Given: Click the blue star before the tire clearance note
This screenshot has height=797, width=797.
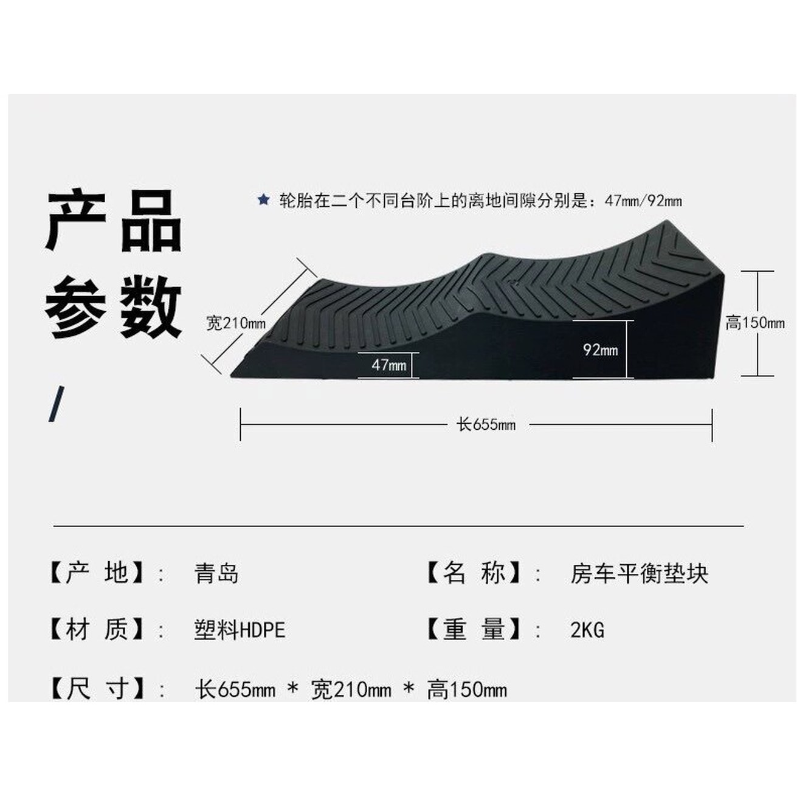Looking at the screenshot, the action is (x=263, y=200).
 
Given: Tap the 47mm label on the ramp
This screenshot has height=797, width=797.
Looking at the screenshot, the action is (x=389, y=365).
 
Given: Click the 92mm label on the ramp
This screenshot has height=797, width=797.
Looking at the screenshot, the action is (x=601, y=350).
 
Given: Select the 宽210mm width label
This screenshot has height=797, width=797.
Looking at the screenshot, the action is (x=236, y=323).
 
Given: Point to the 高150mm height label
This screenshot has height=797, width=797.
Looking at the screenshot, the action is (x=755, y=323).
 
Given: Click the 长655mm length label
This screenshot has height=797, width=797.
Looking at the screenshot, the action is (x=486, y=424).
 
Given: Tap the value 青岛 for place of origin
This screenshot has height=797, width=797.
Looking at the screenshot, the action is (x=216, y=574).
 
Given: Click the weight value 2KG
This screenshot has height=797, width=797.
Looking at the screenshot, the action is (x=587, y=630).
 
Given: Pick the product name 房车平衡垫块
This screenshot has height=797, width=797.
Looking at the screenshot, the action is (x=639, y=574).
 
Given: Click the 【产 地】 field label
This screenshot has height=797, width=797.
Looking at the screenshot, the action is (x=97, y=573).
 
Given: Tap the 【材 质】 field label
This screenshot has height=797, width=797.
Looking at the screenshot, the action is (x=97, y=630).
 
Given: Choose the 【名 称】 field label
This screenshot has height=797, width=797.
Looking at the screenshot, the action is (x=474, y=573).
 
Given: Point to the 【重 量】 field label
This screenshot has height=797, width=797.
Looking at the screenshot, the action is (x=474, y=630).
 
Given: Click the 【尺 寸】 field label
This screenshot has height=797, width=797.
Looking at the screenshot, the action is (x=97, y=689).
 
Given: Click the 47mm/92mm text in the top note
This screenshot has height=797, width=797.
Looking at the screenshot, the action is (x=643, y=201).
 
